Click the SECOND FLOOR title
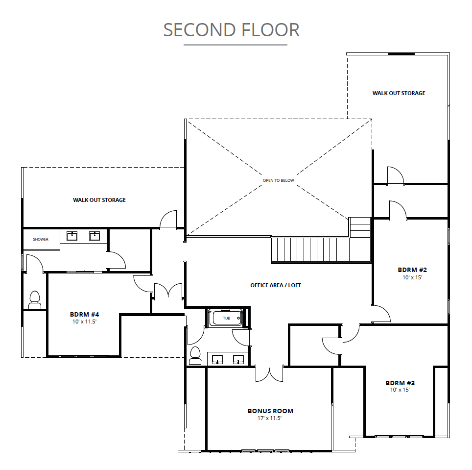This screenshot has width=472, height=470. pyautogui.click(x=231, y=30)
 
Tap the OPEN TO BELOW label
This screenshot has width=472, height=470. pyautogui.click(x=278, y=180)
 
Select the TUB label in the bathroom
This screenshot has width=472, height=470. pyautogui.click(x=226, y=318)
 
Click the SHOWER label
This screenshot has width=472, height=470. pyautogui.click(x=41, y=239)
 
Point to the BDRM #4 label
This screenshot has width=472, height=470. pyautogui.click(x=84, y=314)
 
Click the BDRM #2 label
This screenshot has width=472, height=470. pyautogui.click(x=412, y=270)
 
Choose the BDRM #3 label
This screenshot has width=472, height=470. pyautogui.click(x=400, y=383)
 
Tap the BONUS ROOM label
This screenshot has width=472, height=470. pyautogui.click(x=270, y=411)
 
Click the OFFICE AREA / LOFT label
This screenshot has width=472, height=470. pyautogui.click(x=276, y=285)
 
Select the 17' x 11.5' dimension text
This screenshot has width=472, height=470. pyautogui.click(x=269, y=418)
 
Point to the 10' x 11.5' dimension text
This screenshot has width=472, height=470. pyautogui.click(x=84, y=322)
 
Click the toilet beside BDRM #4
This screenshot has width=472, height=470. pyautogui.click(x=35, y=300)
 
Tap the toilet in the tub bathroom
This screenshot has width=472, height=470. pyautogui.click(x=195, y=355)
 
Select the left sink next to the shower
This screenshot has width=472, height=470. pyautogui.click(x=71, y=236)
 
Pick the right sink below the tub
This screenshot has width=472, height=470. pyautogui.click(x=239, y=359)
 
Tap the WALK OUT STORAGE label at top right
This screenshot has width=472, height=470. pyautogui.click(x=399, y=94)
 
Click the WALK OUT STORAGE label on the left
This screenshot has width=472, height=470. pyautogui.click(x=99, y=200)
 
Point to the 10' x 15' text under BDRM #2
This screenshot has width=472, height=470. pyautogui.click(x=412, y=277)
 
